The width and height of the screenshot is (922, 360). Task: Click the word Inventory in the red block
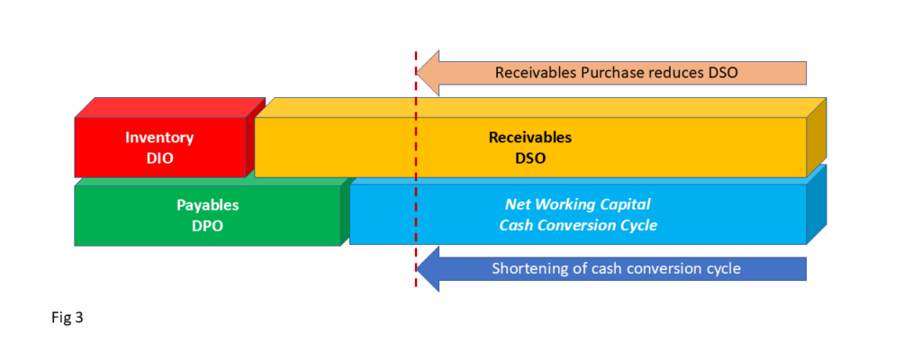[159, 138]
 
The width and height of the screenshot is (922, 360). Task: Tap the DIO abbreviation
[159, 158]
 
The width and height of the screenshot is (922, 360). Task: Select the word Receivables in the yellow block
[529, 138]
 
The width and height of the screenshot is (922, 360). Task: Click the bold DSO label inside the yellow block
[529, 158]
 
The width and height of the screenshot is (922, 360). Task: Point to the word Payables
[208, 206]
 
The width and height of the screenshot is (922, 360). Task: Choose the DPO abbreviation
[208, 226]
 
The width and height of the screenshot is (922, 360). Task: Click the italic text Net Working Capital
[578, 204]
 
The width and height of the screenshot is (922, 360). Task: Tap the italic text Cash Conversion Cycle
[578, 225]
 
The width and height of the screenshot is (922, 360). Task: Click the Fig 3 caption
[68, 319]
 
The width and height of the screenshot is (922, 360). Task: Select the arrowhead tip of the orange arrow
[416, 73]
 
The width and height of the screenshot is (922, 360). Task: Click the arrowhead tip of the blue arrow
[416, 269]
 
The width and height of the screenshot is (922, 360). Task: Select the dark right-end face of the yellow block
[816, 138]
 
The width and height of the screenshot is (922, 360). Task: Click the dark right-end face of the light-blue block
[816, 204]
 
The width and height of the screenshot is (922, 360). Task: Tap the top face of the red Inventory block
[170, 108]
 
